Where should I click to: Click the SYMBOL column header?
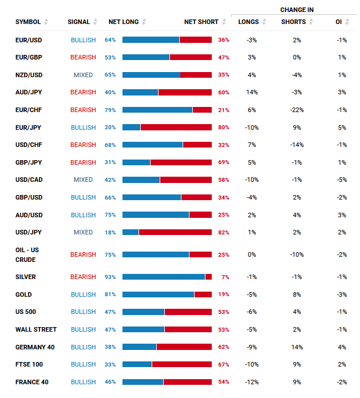pyautogui.click(x=28, y=22)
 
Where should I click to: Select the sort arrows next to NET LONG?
pyautogui.click(x=144, y=22)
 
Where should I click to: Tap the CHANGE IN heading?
pyautogui.click(x=296, y=10)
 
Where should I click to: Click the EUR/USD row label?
pyautogui.click(x=29, y=40)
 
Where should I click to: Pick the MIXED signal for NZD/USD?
pyautogui.click(x=83, y=75)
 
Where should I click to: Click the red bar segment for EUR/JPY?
pyautogui.click(x=176, y=128)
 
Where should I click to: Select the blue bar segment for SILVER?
pyautogui.click(x=164, y=277)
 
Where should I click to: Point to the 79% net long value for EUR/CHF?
pyautogui.click(x=110, y=110)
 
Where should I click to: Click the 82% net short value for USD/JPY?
pyautogui.click(x=223, y=232)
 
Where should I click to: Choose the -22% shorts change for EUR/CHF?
pyautogui.click(x=296, y=110)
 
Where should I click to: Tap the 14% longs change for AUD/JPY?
pyautogui.click(x=252, y=92)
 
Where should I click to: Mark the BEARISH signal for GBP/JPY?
pyautogui.click(x=83, y=162)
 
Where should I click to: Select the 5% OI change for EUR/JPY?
pyautogui.click(x=342, y=128)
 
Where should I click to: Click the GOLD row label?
pyautogui.click(x=23, y=294)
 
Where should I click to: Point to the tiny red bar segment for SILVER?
pyautogui.click(x=208, y=277)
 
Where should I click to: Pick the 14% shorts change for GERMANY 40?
pyautogui.click(x=296, y=347)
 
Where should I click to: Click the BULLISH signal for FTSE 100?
pyautogui.click(x=83, y=364)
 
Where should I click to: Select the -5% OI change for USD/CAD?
pyautogui.click(x=342, y=180)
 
